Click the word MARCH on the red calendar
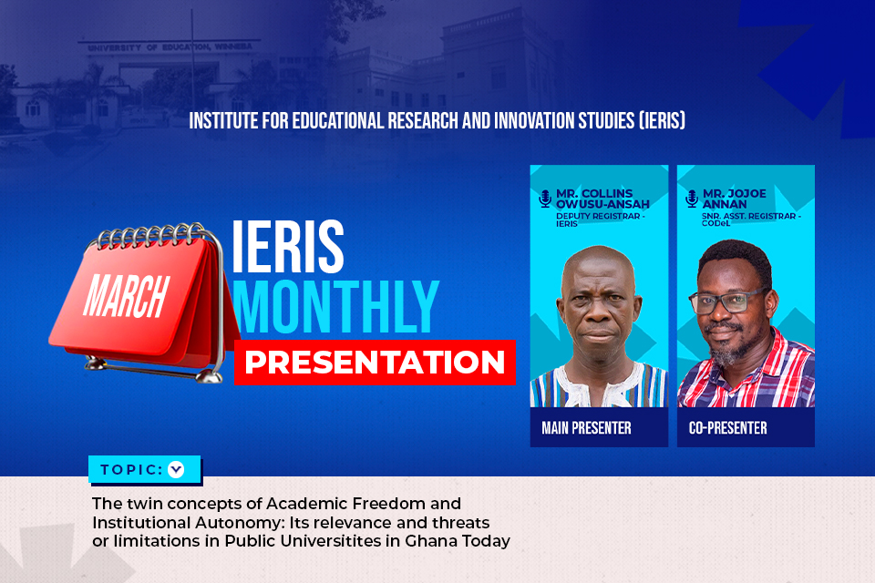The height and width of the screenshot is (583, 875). (x=126, y=296)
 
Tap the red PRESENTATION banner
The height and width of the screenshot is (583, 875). (x=375, y=362)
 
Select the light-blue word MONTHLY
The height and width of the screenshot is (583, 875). (x=335, y=307)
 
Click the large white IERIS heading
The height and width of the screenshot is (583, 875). (x=287, y=246)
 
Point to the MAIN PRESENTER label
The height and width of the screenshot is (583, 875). (x=586, y=428)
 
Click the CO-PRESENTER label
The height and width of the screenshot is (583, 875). (x=727, y=428)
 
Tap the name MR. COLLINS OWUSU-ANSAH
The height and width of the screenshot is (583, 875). (x=602, y=199)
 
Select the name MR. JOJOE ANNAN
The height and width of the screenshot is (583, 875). (x=735, y=199)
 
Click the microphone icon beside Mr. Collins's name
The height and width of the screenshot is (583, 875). (x=545, y=199)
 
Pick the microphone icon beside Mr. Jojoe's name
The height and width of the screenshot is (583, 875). (x=692, y=199)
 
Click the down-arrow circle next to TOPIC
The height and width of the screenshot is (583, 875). (x=176, y=470)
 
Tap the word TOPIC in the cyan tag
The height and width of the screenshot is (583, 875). (x=131, y=470)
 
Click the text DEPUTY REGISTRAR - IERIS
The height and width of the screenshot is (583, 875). (x=601, y=220)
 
